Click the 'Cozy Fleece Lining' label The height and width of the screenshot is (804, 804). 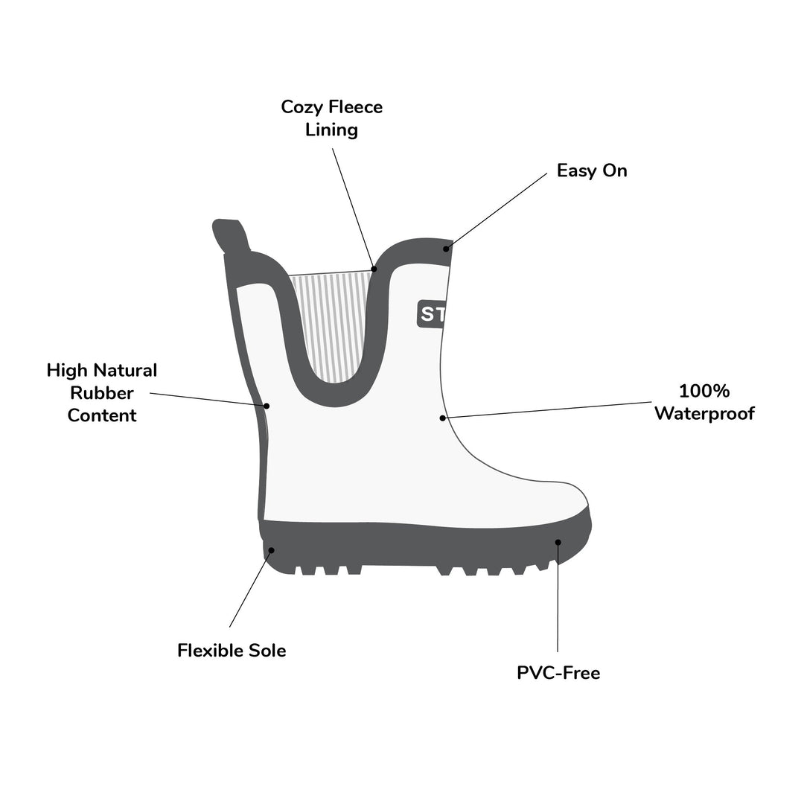pos(332,118)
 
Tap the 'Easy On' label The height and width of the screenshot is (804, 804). pos(592,170)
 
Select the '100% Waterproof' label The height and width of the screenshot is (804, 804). pos(704,402)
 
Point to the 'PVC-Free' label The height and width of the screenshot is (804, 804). pos(558,673)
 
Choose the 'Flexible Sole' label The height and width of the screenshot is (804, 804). pos(232,650)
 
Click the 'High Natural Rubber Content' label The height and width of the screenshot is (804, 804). pos(102,393)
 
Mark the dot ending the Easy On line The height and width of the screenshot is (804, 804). pos(446,249)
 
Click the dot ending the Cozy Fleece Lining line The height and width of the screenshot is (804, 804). pos(374,269)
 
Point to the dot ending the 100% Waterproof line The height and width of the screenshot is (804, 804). pos(442,418)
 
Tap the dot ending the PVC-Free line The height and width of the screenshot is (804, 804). pos(558,542)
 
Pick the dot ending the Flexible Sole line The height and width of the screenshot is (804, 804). pos(272,550)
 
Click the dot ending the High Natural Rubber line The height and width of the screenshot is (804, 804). pos(267,406)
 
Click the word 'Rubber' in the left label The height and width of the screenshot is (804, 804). pos(102,393)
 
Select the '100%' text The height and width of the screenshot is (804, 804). pos(704,392)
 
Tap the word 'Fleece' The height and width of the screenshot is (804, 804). pos(356,107)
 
